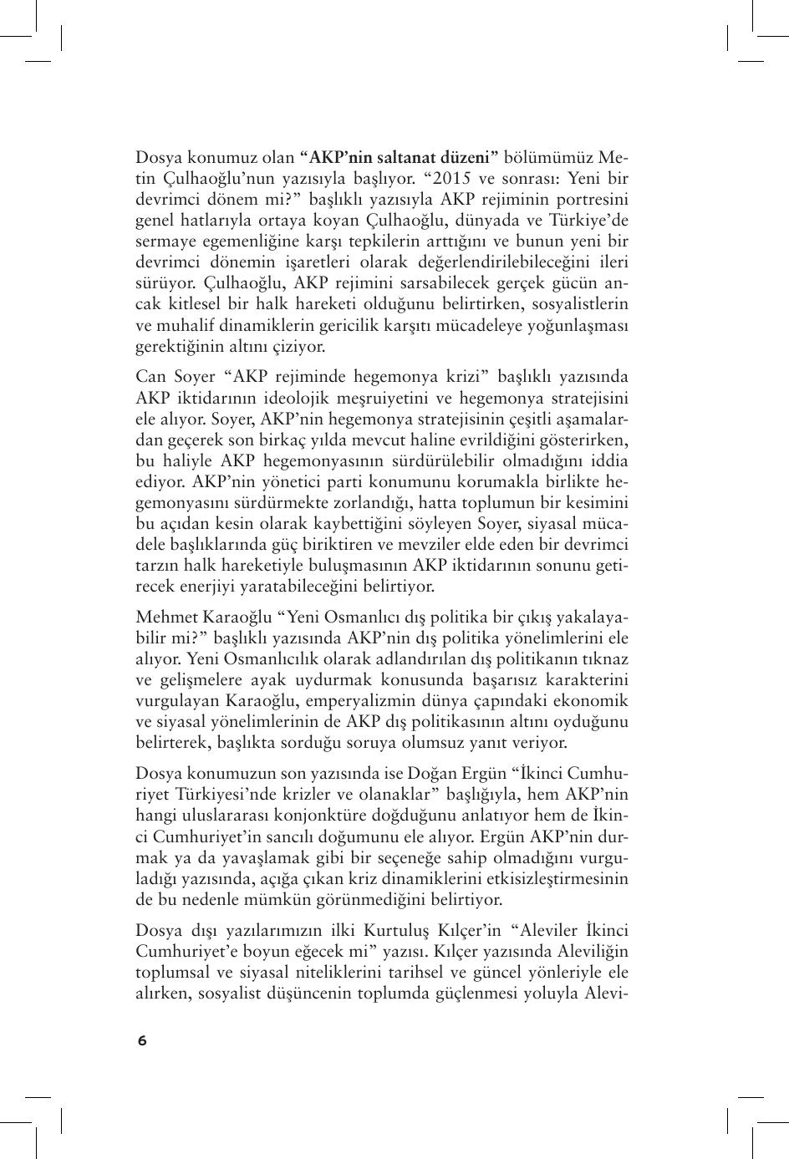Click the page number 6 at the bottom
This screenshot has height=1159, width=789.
coord(142,1040)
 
